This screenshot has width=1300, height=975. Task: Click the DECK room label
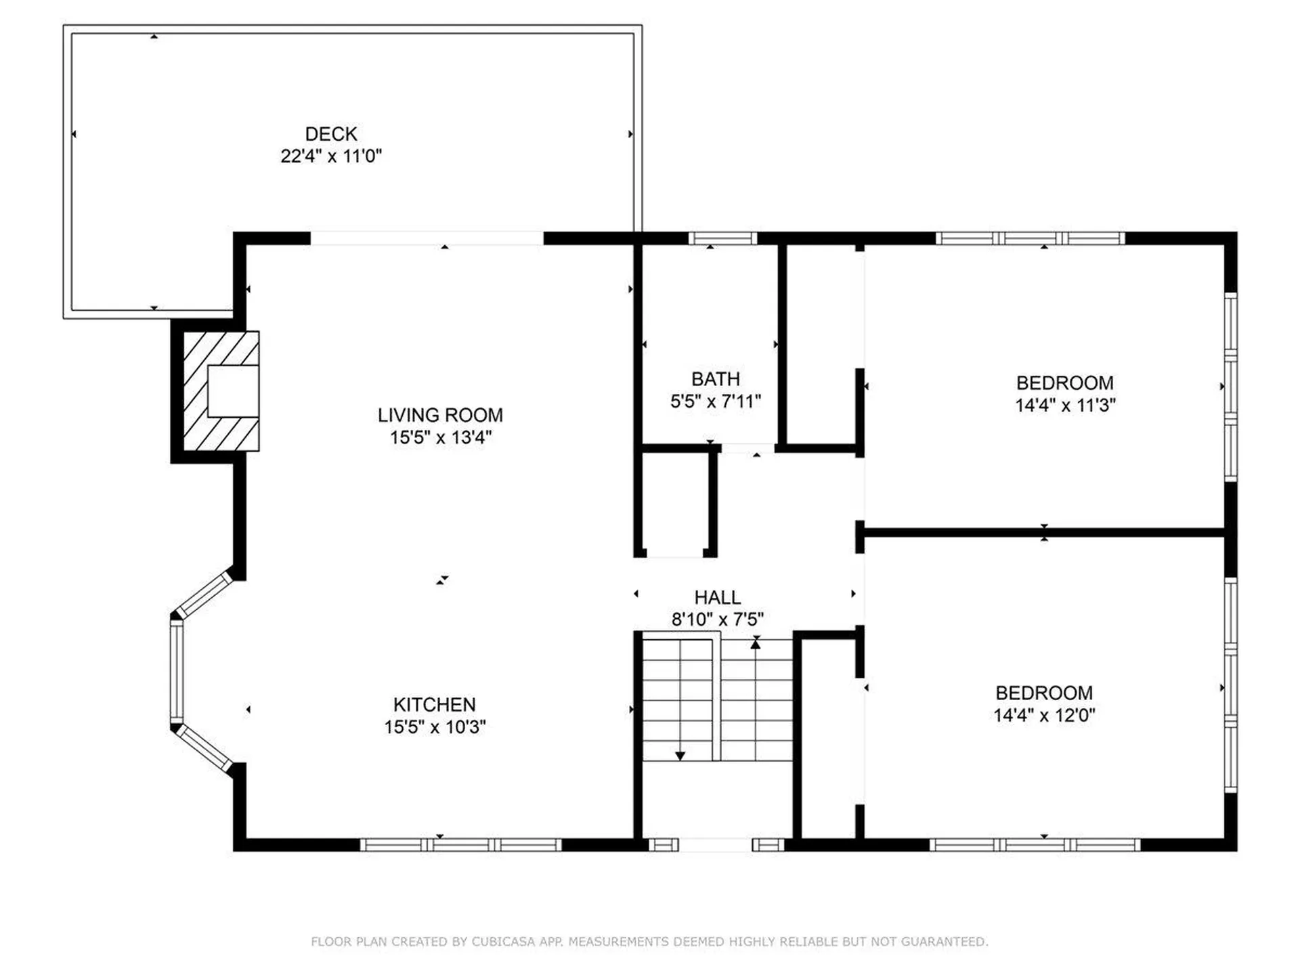(331, 133)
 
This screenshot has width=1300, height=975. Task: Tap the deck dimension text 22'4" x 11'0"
(331, 156)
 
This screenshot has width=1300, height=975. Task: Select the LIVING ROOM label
(440, 415)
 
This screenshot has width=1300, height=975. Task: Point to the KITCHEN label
(435, 705)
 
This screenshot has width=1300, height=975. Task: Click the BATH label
(716, 379)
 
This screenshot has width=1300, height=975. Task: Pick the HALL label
(718, 598)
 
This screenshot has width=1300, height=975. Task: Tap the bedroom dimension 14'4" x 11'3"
(1065, 406)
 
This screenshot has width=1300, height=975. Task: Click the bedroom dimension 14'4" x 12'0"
(1044, 716)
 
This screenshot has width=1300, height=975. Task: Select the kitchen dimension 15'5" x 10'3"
(435, 727)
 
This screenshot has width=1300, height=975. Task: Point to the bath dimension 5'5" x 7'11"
(716, 402)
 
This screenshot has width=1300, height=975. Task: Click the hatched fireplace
(221, 391)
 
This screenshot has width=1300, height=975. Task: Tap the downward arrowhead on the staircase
(680, 756)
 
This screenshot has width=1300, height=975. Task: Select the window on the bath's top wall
(722, 238)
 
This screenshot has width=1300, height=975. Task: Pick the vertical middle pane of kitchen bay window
(177, 672)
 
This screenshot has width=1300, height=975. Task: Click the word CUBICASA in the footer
(503, 942)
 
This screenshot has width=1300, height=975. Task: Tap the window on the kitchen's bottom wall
(460, 844)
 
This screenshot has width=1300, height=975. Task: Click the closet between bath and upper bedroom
(821, 345)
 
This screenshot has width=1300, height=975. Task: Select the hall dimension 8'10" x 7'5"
(718, 620)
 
